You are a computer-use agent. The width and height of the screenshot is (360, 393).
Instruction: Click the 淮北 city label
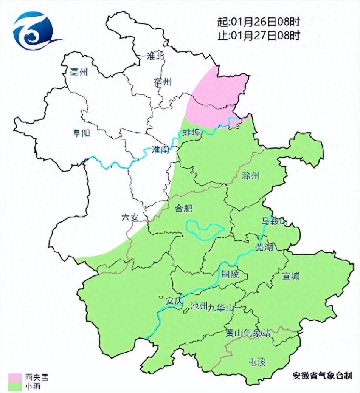tap(155, 57)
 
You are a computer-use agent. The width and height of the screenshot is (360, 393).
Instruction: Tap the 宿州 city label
tap(163, 82)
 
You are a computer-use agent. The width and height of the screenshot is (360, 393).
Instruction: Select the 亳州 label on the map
tap(79, 71)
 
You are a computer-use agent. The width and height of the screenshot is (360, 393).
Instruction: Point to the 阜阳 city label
tap(82, 133)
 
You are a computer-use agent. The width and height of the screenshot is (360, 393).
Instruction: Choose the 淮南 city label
tap(160, 149)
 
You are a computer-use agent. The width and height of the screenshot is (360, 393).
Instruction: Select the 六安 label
tap(130, 218)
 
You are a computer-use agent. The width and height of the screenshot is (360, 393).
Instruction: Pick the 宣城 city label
tap(291, 276)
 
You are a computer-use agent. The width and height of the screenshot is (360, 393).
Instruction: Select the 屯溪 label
tap(257, 362)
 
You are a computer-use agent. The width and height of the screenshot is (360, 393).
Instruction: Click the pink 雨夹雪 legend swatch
tap(15, 377)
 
